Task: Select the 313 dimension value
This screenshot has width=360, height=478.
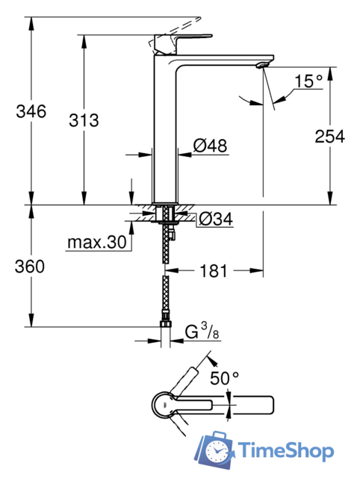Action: (x=83, y=120)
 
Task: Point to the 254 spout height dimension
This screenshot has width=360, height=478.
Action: (x=329, y=136)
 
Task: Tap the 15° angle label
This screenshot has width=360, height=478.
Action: (x=307, y=80)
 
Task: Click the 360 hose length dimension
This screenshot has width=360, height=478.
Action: (x=31, y=267)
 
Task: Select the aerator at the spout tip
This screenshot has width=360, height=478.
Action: (x=261, y=66)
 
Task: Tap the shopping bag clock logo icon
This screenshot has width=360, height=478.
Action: (x=217, y=448)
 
